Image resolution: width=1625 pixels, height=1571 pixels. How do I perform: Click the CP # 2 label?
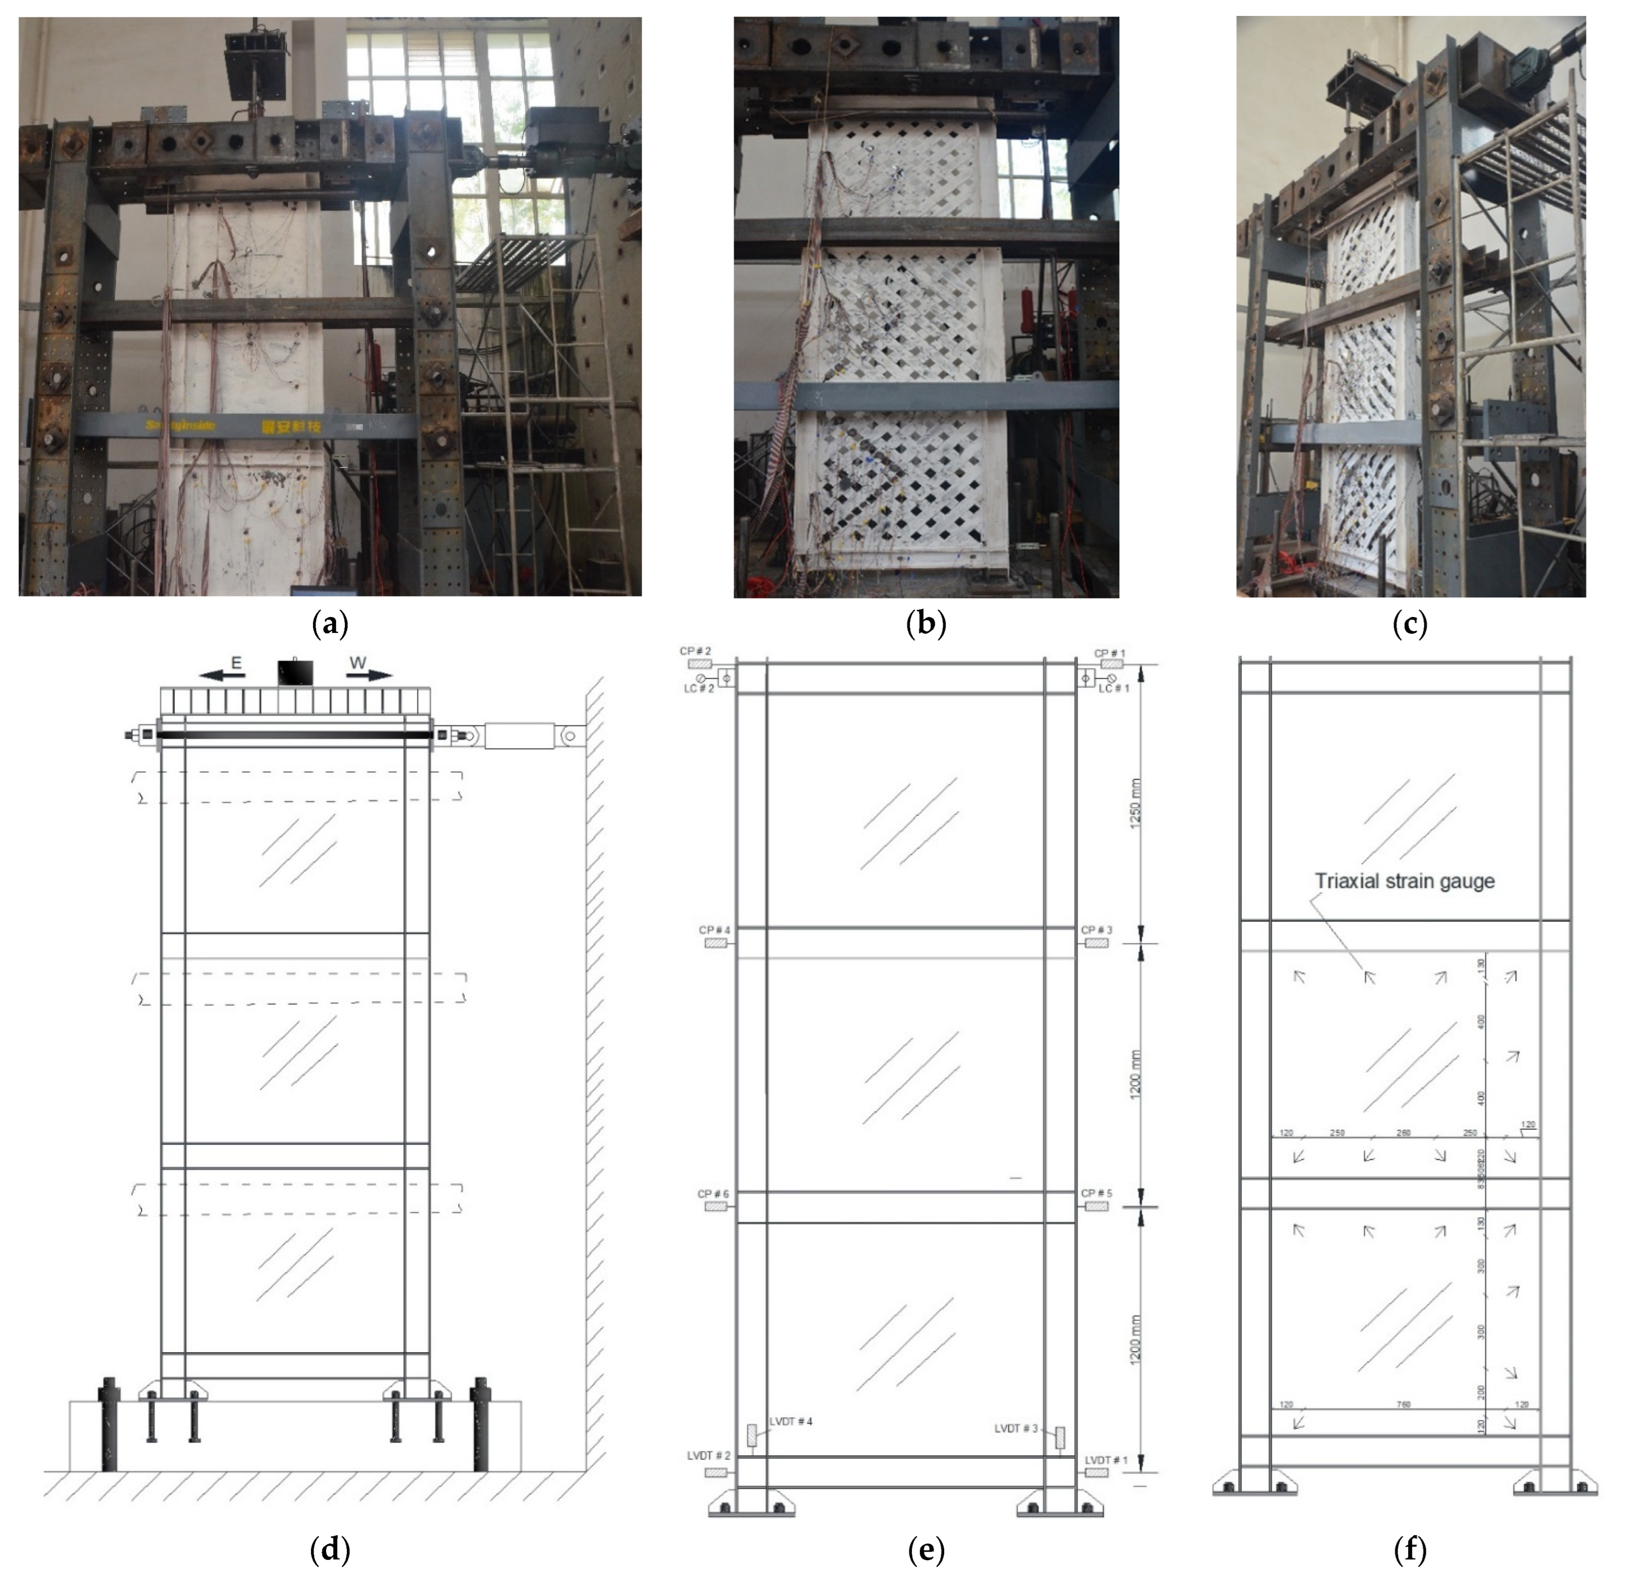pyautogui.click(x=696, y=651)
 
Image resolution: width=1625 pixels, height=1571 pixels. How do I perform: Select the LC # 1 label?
pyautogui.click(x=1113, y=689)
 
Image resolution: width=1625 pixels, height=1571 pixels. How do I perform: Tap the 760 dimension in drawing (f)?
pyautogui.click(x=1403, y=1405)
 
